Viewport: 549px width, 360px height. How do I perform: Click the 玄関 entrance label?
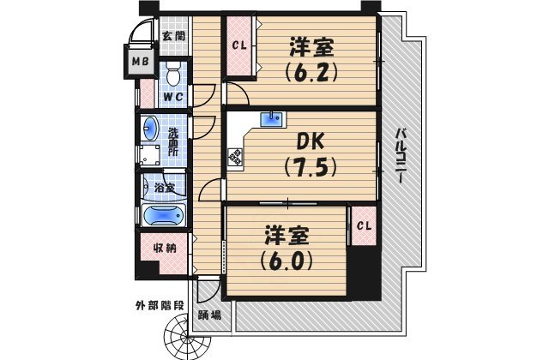click(x=175, y=35)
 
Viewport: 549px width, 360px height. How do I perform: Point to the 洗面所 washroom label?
click(x=173, y=141)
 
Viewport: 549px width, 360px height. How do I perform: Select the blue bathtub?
click(x=162, y=216)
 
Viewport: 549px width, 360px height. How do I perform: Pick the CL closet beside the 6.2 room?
click(x=238, y=46)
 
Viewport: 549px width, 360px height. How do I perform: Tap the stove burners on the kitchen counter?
click(x=234, y=156)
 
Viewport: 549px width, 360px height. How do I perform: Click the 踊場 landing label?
click(x=210, y=315)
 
